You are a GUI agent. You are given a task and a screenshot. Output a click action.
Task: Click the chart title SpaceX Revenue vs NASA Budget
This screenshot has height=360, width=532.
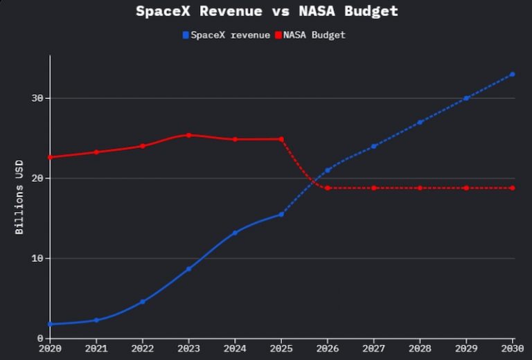(x=267, y=11)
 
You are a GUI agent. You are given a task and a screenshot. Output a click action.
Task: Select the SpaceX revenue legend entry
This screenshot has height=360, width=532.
(x=226, y=35)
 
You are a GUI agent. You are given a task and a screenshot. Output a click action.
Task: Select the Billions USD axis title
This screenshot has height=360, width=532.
(x=19, y=197)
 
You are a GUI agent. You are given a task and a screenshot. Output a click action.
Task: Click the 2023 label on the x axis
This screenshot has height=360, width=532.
(x=188, y=350)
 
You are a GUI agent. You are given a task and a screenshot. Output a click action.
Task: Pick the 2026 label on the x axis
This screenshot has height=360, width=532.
(x=328, y=350)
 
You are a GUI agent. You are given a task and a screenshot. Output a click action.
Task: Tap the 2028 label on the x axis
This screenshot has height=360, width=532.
(x=420, y=350)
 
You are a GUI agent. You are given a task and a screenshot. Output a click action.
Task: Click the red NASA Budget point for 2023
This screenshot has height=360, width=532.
(x=188, y=135)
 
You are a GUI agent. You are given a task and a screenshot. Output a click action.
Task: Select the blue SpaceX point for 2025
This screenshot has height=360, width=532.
(x=281, y=214)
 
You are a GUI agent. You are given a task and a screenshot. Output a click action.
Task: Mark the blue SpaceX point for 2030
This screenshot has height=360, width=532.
(x=513, y=74)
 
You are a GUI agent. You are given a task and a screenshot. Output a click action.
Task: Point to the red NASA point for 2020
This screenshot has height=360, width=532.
(x=50, y=157)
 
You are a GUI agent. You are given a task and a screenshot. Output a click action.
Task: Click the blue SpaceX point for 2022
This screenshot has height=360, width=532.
(x=143, y=302)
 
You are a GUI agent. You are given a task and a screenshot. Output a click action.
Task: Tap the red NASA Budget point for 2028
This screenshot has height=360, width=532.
(x=420, y=188)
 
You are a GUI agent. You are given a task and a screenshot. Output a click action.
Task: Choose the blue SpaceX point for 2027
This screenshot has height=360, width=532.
(x=374, y=146)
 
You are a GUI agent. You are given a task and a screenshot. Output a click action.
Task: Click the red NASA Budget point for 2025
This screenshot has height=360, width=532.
(x=281, y=139)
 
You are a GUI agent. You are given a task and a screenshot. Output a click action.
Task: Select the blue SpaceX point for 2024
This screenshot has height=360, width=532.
(x=235, y=233)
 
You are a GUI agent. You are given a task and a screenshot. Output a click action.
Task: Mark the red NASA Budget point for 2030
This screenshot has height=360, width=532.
(x=513, y=188)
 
